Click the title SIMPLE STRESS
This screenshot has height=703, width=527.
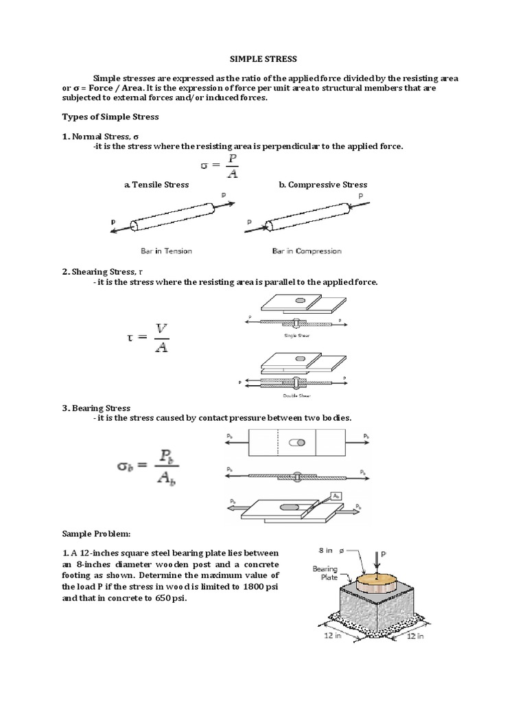(x=263, y=60)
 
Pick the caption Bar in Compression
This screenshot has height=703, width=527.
(x=307, y=251)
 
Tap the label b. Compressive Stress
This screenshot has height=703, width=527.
(x=323, y=185)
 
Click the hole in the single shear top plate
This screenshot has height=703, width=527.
(x=301, y=299)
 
